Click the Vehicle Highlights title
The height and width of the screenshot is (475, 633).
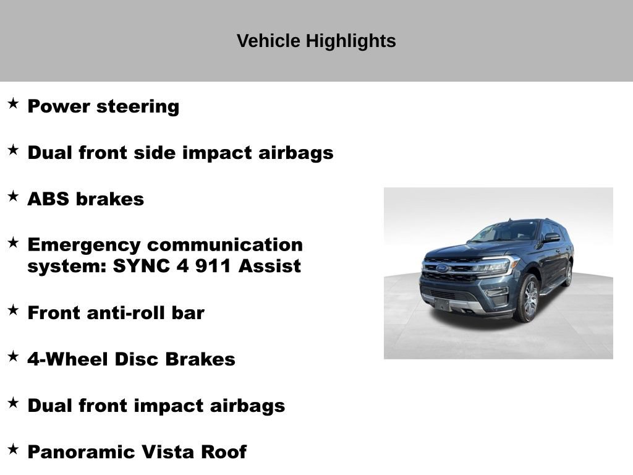(316, 41)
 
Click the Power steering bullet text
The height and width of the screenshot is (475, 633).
(103, 106)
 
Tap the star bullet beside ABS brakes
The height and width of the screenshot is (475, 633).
(13, 197)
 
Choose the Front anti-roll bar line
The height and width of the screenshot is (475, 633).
(116, 313)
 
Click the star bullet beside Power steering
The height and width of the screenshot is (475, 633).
(13, 104)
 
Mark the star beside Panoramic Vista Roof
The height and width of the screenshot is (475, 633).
(13, 450)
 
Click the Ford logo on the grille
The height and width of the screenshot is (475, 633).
(443, 268)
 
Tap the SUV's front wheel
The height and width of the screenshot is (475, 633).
(527, 298)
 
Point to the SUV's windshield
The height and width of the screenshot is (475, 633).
(504, 231)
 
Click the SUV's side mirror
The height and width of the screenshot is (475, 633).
(551, 237)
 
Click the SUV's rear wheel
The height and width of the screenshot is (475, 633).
(567, 274)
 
